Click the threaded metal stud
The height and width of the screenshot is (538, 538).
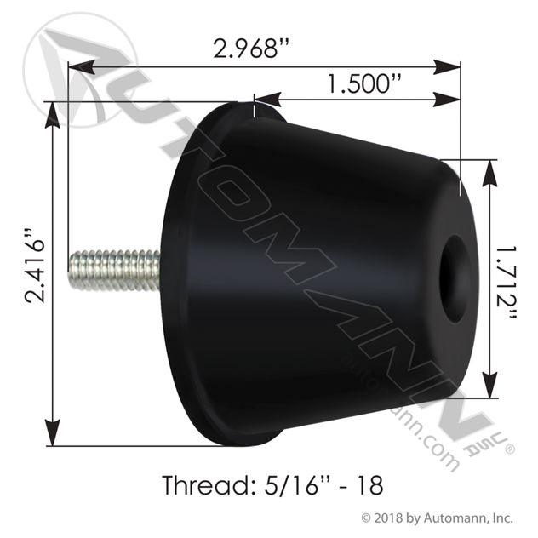click(115, 270)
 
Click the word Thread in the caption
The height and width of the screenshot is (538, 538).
click(199, 486)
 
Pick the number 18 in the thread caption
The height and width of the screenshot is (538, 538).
click(367, 486)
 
